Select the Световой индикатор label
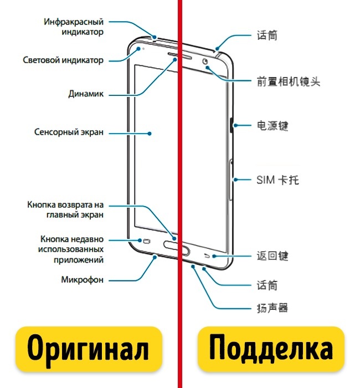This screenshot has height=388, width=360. tap(63, 60)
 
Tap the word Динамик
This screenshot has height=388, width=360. tap(86, 94)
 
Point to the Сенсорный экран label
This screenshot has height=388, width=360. tap(69, 133)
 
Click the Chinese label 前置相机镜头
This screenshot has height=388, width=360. tap(288, 82)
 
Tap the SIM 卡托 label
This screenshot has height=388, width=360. tap(278, 180)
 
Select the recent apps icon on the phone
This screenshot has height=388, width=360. tap(147, 241)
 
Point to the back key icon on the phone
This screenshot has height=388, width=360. tap(208, 256)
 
